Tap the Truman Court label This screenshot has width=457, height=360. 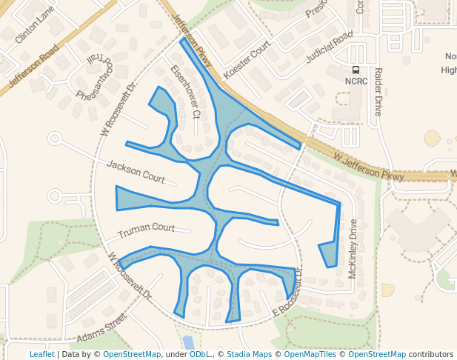tap(146, 228)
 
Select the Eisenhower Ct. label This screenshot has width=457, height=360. tap(185, 92)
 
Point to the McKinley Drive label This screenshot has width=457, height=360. tap(353, 249)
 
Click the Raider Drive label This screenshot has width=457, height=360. tap(378, 92)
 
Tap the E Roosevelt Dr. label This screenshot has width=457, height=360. tap(289, 292)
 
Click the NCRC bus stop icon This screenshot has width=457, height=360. tap(356, 70)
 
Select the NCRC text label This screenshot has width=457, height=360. tap(356, 81)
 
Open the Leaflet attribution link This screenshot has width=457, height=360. tap(41, 354)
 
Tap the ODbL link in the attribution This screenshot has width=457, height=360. tap(200, 354)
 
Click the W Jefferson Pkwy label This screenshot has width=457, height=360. tap(368, 167)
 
